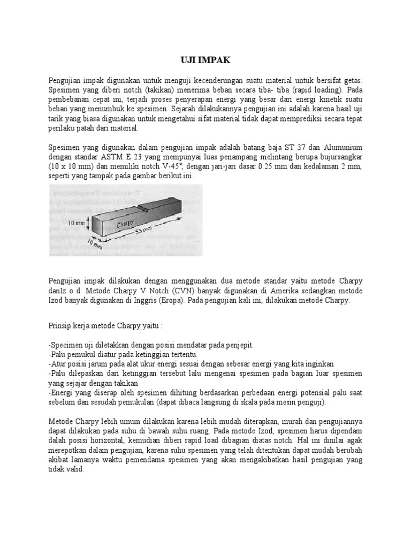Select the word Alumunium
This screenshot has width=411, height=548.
[342, 147]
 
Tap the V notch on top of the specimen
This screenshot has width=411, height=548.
[143, 207]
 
